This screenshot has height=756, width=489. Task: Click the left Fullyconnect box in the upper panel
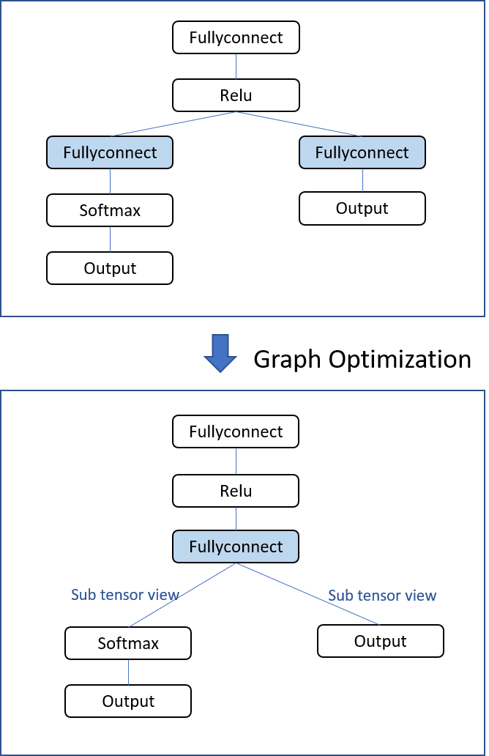click(110, 152)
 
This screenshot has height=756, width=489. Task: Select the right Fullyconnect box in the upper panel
click(362, 152)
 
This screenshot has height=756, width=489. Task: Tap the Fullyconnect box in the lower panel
click(236, 546)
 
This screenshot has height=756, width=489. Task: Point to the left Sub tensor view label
click(125, 595)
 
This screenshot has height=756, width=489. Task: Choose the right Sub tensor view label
click(382, 596)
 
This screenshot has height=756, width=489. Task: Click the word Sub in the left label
click(82, 595)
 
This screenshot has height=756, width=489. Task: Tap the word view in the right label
click(421, 596)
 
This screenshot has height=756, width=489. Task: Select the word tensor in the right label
click(379, 596)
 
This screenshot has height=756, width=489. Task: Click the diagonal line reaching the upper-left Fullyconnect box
click(173, 124)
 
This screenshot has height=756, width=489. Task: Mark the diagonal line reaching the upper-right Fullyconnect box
click(299, 124)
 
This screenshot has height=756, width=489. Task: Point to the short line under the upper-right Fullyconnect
click(362, 180)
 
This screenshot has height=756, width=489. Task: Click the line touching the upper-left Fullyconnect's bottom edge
click(110, 181)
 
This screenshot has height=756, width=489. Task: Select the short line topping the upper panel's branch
click(236, 66)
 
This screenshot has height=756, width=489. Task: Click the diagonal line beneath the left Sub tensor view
click(182, 595)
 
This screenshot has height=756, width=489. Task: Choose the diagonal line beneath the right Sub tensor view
click(307, 594)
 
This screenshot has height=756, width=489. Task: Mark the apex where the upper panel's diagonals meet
click(236, 112)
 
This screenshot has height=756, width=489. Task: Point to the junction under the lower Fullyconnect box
click(236, 563)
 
